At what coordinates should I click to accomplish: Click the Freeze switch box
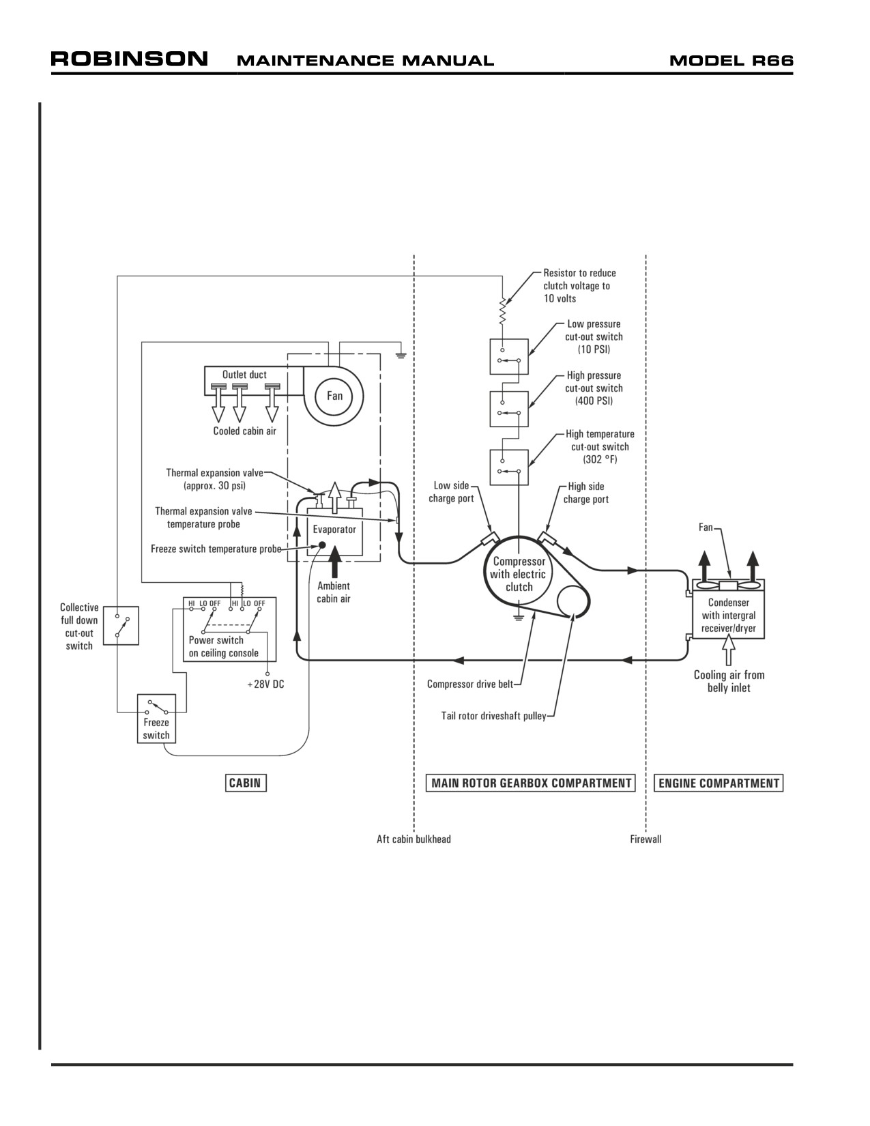tap(156, 719)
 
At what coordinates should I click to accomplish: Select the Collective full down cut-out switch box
tap(121, 625)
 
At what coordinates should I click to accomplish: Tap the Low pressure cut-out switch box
tap(509, 356)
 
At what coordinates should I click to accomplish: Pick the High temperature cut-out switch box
tap(509, 467)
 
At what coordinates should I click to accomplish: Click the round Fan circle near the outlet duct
tap(334, 396)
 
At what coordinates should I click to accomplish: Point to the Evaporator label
tap(334, 529)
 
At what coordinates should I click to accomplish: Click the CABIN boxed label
tap(245, 783)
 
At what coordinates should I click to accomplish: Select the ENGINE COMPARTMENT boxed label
tap(719, 783)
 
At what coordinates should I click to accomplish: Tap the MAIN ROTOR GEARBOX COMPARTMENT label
tap(531, 783)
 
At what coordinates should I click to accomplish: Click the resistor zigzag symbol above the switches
tap(502, 312)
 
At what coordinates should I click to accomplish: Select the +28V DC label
tap(265, 684)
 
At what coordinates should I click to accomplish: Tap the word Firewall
tap(646, 839)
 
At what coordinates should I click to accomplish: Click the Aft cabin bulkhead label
tap(414, 839)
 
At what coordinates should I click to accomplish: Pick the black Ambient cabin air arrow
tap(335, 561)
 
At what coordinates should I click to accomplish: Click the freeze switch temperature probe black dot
tap(321, 545)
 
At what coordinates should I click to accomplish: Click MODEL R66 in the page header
tap(731, 61)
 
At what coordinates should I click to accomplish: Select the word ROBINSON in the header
tap(130, 59)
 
